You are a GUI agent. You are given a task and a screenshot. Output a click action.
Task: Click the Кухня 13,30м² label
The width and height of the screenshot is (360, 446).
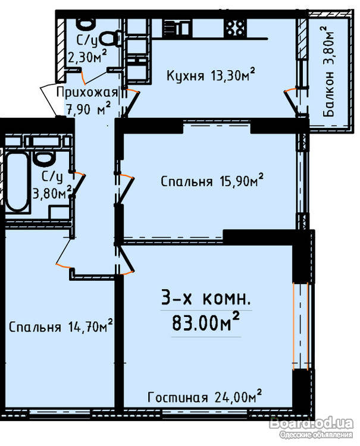(210, 75)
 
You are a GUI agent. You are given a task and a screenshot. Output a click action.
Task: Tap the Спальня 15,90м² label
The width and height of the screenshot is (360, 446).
(212, 181)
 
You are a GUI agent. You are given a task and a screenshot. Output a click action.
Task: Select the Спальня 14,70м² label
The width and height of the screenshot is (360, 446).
(61, 326)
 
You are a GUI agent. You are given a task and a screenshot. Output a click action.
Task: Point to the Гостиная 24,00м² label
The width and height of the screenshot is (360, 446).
(205, 397)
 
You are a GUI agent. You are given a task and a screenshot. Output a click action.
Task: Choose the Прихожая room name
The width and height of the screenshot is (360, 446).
(87, 93)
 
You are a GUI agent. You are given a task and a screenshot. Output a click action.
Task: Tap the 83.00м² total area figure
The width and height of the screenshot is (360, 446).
(205, 322)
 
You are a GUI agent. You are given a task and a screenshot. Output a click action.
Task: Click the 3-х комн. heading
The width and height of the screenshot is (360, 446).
(206, 298)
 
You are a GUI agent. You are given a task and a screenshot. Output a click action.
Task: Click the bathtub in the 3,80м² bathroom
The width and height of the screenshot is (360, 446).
(17, 181)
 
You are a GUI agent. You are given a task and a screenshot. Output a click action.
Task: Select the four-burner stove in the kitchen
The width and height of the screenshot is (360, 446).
(235, 27)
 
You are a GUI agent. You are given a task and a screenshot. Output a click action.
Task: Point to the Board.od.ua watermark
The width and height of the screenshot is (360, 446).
(312, 423)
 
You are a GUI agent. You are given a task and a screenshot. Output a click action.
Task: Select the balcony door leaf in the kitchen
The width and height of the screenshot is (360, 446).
(291, 103)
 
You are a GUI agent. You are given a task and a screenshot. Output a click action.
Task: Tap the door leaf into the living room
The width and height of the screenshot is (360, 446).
(126, 258)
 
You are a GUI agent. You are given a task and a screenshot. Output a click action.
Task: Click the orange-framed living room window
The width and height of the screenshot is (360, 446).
(301, 326)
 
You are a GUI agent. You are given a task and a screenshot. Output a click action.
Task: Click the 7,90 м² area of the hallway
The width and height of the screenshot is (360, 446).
(88, 109)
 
